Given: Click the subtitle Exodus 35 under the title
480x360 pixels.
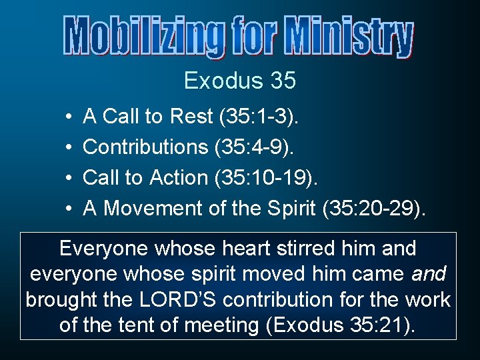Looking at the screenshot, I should point(240,81).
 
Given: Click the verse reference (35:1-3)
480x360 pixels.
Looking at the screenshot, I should point(259,117).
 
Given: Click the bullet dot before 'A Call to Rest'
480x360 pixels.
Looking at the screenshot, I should point(70,117).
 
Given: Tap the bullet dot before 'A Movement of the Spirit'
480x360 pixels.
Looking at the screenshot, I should point(70,209).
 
